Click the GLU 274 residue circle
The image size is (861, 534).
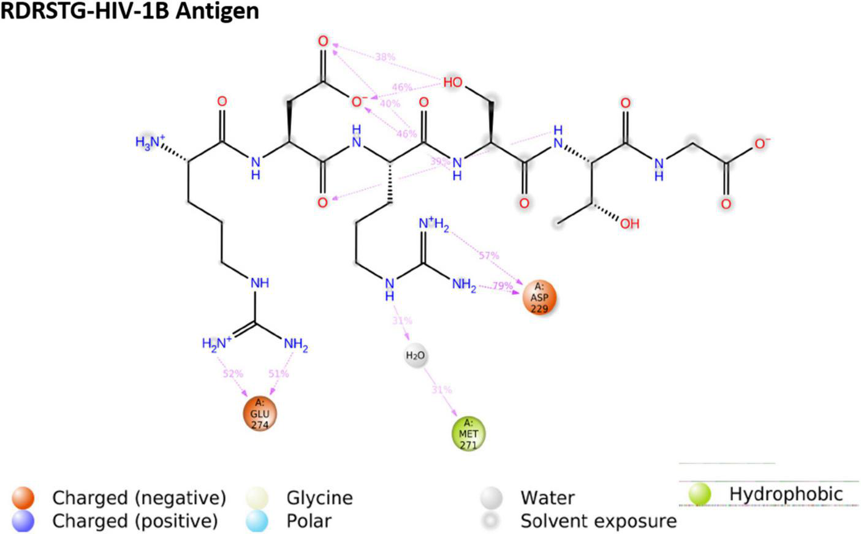(260, 414)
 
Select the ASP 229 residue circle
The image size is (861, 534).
(539, 297)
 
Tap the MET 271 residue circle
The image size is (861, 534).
(469, 433)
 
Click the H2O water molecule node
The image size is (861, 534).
(415, 356)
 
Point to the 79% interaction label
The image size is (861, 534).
(503, 286)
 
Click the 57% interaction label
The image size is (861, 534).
(488, 255)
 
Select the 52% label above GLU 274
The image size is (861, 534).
(233, 373)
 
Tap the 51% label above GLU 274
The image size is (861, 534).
(278, 373)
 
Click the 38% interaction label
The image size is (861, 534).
(385, 57)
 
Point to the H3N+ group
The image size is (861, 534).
(150, 143)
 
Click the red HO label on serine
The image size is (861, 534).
(453, 83)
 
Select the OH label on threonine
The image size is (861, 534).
(629, 224)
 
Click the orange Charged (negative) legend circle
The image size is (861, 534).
(23, 497)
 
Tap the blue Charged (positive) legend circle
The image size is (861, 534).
(23, 521)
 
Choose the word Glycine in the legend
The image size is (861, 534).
(319, 498)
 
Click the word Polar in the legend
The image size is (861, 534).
(309, 521)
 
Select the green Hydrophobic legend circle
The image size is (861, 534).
(700, 494)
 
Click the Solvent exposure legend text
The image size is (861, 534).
(598, 521)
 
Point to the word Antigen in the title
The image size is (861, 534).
(217, 10)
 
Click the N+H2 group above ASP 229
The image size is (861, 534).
(434, 225)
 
